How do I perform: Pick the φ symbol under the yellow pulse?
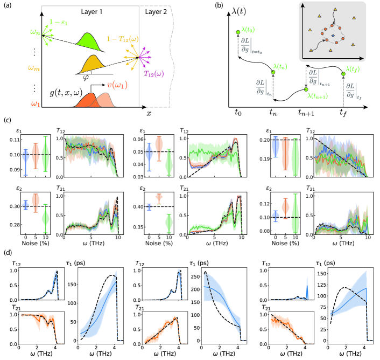[84, 76]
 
